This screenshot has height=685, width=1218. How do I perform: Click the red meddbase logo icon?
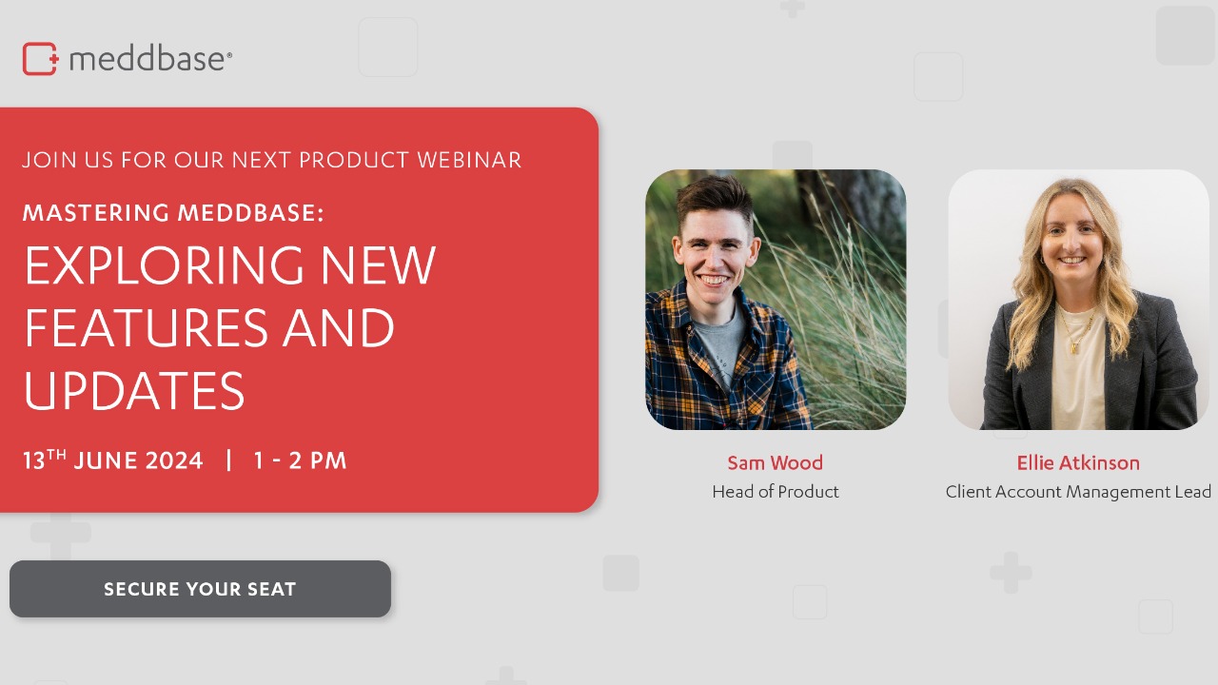(x=40, y=59)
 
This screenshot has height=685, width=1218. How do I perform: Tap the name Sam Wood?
(x=775, y=463)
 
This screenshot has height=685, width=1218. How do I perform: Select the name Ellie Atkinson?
(x=1078, y=463)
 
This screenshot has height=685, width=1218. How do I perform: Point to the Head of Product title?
(x=775, y=492)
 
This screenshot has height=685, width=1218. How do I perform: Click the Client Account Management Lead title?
(x=1078, y=492)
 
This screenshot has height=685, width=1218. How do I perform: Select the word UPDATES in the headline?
(x=134, y=390)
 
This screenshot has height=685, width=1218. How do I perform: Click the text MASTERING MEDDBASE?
(x=173, y=213)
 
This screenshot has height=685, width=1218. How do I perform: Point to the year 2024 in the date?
(x=174, y=461)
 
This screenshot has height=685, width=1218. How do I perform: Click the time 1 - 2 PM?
(x=300, y=461)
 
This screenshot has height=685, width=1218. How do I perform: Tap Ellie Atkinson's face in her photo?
(x=1072, y=243)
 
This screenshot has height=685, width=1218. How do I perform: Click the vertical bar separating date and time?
(x=228, y=461)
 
